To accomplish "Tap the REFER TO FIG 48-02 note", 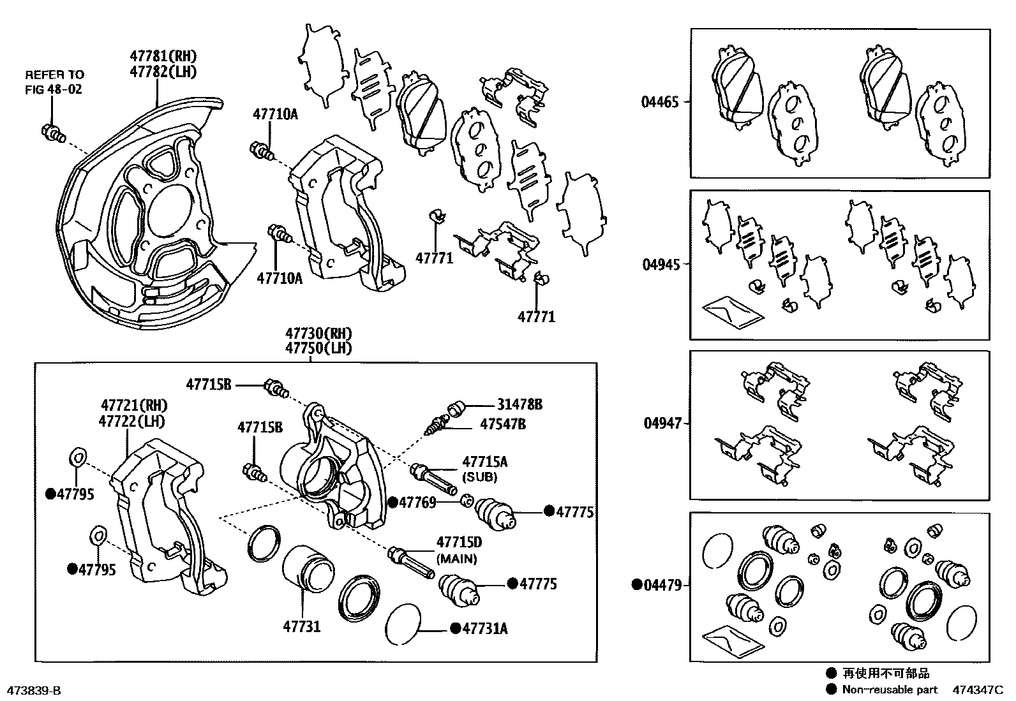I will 54,82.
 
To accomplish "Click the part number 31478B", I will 520,404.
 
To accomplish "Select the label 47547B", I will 504,424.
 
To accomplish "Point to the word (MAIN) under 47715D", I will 456,559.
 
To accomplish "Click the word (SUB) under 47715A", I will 481,477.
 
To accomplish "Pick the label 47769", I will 417,503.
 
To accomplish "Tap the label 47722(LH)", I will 132,422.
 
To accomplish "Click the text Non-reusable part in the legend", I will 890,690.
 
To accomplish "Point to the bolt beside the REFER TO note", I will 54,133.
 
